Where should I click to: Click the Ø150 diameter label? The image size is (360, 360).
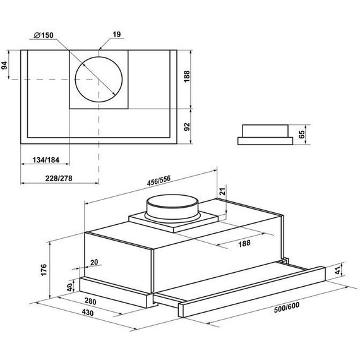tap(44, 35)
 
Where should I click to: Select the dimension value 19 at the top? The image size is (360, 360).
tap(117, 35)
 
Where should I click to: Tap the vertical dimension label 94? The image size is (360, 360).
tap(4, 66)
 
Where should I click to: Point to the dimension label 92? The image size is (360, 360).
tap(187, 127)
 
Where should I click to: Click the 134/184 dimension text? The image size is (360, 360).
tap(46, 160)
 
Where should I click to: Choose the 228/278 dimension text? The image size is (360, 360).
tap(59, 178)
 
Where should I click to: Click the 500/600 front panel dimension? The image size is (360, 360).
tap(287, 307)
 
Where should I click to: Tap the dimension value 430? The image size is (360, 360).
tap(88, 313)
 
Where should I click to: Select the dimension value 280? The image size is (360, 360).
tap(90, 301)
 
